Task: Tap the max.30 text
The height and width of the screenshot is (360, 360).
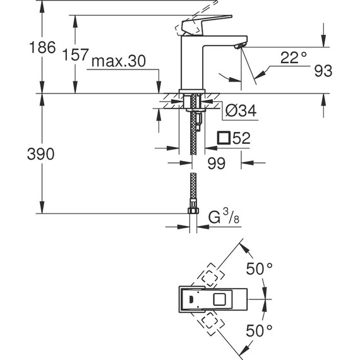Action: tap(119, 61)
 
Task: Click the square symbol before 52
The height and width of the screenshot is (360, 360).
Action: tap(222, 138)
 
